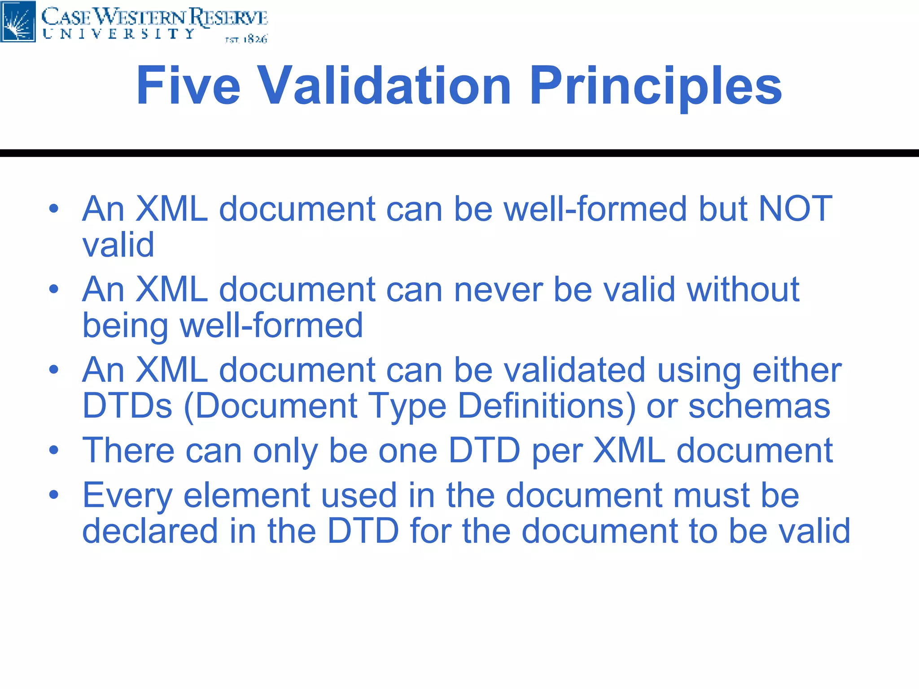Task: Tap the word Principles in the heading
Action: point(656,86)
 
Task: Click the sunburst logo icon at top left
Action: point(18,21)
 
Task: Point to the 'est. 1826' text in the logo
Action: point(246,39)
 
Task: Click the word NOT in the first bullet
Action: point(795,209)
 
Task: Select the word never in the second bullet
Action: point(498,289)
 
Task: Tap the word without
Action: point(743,289)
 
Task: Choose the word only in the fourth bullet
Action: point(285,451)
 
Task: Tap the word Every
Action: point(128,496)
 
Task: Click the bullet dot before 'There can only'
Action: point(54,450)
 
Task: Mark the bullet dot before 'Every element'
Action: point(54,495)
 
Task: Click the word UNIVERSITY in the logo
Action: point(118,34)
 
